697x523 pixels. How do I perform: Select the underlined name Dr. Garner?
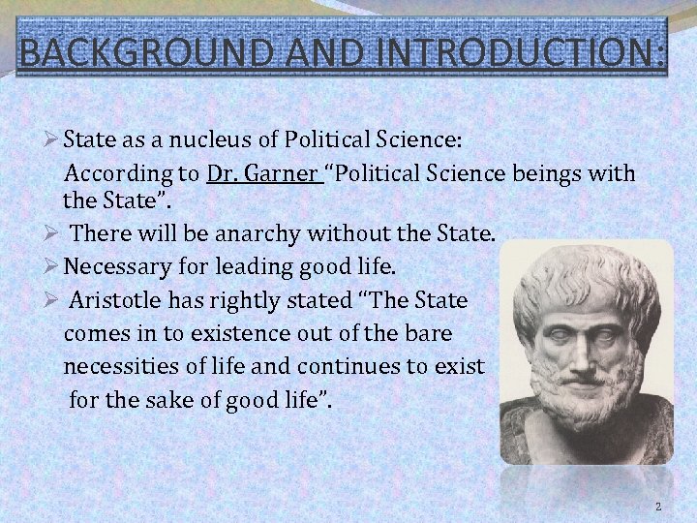point(262,174)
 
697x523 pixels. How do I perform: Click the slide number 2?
point(658,507)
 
